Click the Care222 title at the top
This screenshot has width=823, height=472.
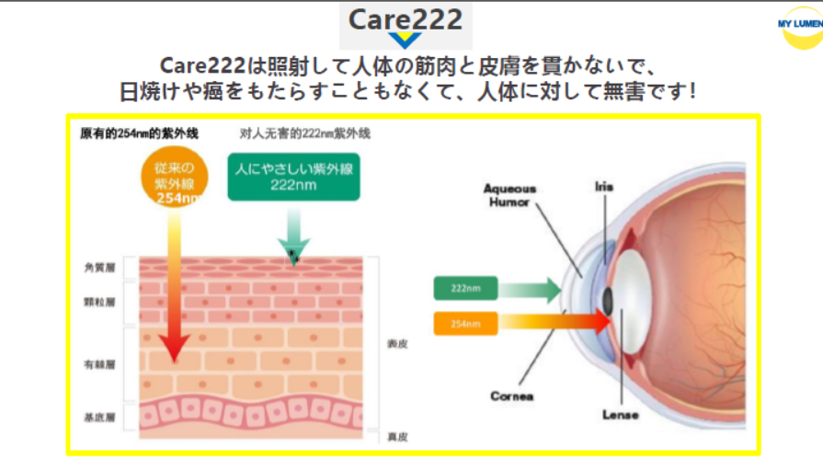(x=406, y=19)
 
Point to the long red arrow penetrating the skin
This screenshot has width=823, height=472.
(x=173, y=294)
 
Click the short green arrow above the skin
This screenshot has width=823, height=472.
(x=293, y=237)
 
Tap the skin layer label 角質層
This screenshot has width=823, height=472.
(x=98, y=268)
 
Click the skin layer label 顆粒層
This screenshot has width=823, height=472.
(x=98, y=302)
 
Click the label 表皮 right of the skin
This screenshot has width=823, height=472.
(x=397, y=344)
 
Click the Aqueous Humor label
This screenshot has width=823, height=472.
(x=510, y=195)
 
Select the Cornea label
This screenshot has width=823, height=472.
(x=512, y=397)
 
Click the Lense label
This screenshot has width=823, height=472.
(x=620, y=415)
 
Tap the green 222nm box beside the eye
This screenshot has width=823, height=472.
(x=465, y=289)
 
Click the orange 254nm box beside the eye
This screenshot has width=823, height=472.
(x=465, y=323)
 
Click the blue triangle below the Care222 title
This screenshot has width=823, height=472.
(x=405, y=40)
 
